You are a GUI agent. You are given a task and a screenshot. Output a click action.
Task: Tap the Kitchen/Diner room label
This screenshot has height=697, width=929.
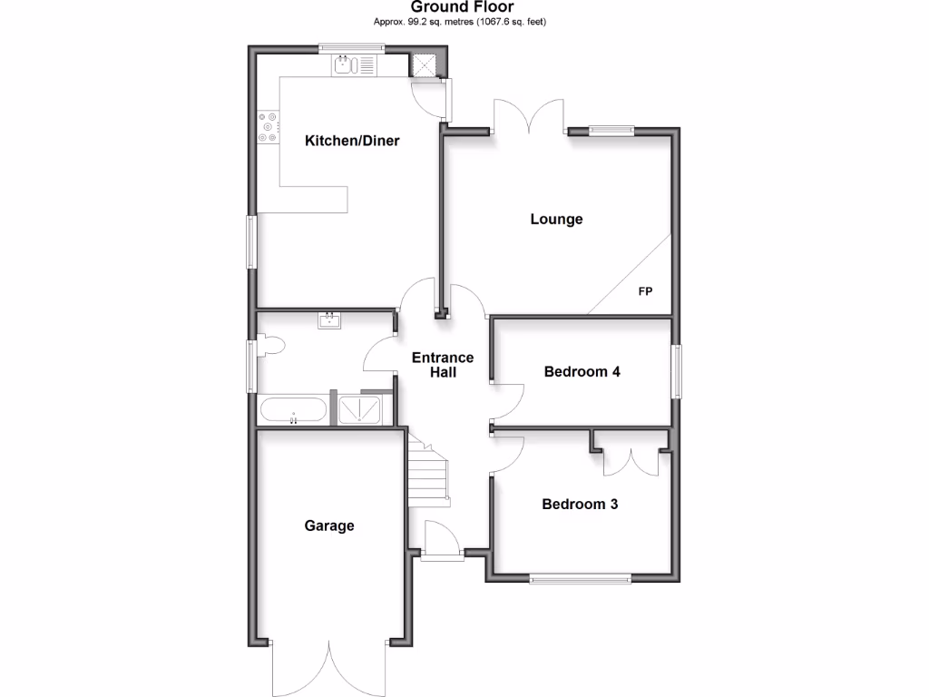pyautogui.click(x=352, y=141)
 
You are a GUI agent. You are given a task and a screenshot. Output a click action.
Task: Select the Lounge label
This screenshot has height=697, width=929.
pyautogui.click(x=556, y=219)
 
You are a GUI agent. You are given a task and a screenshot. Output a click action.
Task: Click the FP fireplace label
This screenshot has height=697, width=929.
pyautogui.click(x=645, y=291)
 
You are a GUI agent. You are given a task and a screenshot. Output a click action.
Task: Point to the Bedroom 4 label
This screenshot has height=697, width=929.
pyautogui.click(x=582, y=371)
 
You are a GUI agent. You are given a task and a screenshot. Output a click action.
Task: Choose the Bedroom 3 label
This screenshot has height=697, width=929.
pyautogui.click(x=580, y=505)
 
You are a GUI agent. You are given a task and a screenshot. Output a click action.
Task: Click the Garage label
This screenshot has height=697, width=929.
pyautogui.click(x=328, y=525)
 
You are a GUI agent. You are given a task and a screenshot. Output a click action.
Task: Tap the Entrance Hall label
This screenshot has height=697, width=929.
pyautogui.click(x=444, y=365)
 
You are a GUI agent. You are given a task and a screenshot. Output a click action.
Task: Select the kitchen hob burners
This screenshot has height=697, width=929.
pyautogui.click(x=269, y=127)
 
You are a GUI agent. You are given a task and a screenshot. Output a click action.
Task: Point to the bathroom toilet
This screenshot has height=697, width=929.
pyautogui.click(x=271, y=346)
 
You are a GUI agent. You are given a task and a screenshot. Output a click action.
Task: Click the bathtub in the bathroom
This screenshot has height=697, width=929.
pyautogui.click(x=293, y=410)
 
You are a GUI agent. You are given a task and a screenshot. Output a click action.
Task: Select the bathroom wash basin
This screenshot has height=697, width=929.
pyautogui.click(x=329, y=319)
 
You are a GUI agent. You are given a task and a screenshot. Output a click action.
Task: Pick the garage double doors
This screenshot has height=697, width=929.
pyautogui.click(x=330, y=667)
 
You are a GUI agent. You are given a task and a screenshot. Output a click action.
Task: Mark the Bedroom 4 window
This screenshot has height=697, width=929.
pyautogui.click(x=677, y=370)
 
